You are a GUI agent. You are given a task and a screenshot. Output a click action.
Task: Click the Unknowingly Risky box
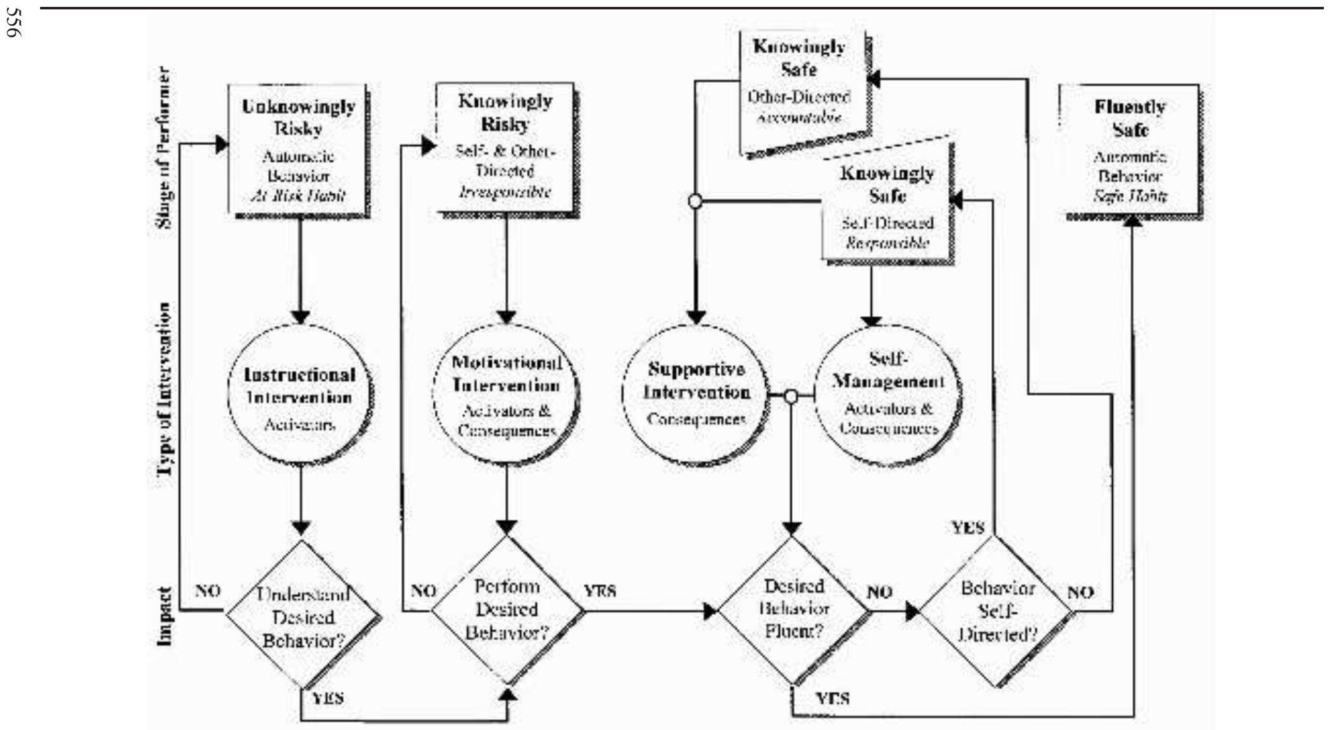pyautogui.click(x=298, y=151)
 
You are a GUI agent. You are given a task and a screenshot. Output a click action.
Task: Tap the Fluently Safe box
pyautogui.click(x=1130, y=151)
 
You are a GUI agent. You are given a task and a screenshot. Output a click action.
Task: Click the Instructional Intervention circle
pyautogui.click(x=300, y=395)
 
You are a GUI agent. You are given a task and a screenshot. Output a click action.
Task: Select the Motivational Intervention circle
pyautogui.click(x=506, y=395)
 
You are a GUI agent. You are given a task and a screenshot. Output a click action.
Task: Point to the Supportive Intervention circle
pyautogui.click(x=696, y=395)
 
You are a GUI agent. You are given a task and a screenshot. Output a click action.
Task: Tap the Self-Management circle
pyautogui.click(x=888, y=395)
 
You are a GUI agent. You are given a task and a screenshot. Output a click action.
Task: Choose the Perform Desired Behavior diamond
pyautogui.click(x=506, y=610)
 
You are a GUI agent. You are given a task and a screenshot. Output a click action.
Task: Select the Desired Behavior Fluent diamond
pyautogui.click(x=793, y=610)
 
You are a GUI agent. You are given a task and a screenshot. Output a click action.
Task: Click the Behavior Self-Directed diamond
pyautogui.click(x=997, y=612)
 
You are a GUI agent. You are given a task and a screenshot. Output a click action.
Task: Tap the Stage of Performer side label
pyautogui.click(x=162, y=148)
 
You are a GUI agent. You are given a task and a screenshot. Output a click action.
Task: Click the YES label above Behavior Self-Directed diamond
pyautogui.click(x=968, y=528)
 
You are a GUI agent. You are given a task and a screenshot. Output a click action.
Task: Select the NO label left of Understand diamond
pyautogui.click(x=207, y=590)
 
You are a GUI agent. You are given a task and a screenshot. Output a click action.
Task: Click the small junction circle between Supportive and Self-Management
pyautogui.click(x=791, y=396)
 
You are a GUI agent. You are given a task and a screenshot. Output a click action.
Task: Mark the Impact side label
pyautogui.click(x=164, y=616)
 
